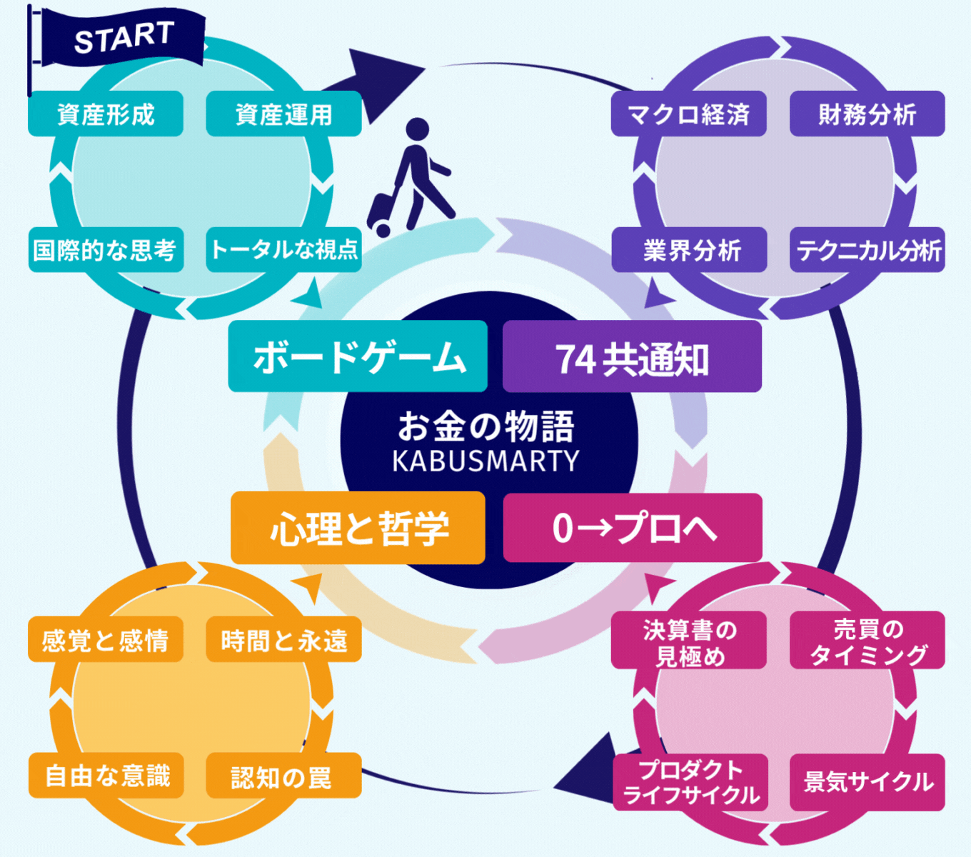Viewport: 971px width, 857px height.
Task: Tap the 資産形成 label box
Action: click(106, 114)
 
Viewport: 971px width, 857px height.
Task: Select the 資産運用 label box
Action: click(283, 114)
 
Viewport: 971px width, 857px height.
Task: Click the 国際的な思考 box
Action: click(106, 249)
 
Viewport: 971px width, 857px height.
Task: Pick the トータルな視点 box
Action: click(283, 249)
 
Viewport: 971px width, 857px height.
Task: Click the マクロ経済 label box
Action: click(688, 114)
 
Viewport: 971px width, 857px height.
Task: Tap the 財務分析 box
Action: click(867, 114)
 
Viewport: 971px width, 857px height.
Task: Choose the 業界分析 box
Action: click(689, 249)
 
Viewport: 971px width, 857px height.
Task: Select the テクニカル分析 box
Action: click(867, 249)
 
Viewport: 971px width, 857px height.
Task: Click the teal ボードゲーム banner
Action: click(358, 356)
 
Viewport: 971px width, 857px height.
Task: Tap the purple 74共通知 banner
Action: click(632, 356)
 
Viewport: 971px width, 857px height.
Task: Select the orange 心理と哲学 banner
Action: click(358, 528)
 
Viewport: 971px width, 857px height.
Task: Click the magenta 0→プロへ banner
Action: click(633, 528)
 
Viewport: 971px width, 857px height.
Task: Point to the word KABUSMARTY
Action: click(485, 461)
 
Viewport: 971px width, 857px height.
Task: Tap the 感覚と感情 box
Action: click(106, 639)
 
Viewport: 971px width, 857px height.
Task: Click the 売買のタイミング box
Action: click(867, 640)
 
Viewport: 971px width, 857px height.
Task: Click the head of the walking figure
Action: click(418, 129)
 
